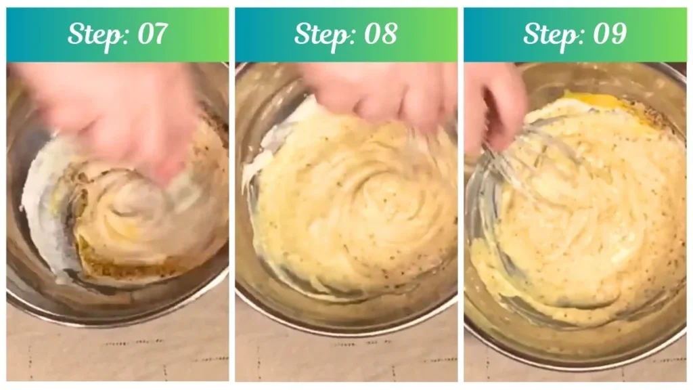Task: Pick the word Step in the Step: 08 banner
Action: (319, 35)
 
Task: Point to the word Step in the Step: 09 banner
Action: (548, 35)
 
